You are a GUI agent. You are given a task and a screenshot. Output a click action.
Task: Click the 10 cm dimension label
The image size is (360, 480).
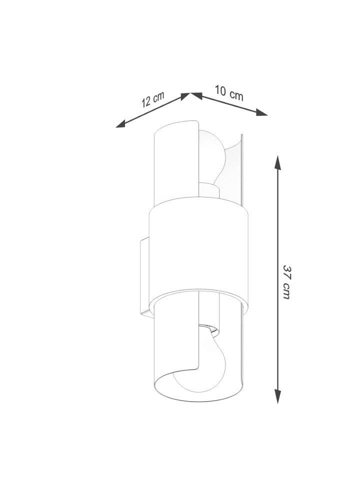(x=229, y=93)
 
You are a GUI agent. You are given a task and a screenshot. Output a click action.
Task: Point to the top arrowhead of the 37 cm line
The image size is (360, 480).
(x=277, y=162)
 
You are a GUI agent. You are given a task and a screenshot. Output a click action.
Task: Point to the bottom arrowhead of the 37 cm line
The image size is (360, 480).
(x=277, y=396)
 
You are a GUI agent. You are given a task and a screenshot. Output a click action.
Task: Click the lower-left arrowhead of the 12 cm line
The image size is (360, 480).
(x=121, y=124)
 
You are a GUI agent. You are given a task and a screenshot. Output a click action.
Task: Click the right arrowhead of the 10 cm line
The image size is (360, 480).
(x=261, y=112)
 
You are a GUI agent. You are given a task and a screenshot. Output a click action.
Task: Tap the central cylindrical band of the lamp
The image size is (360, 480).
(x=198, y=251)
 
